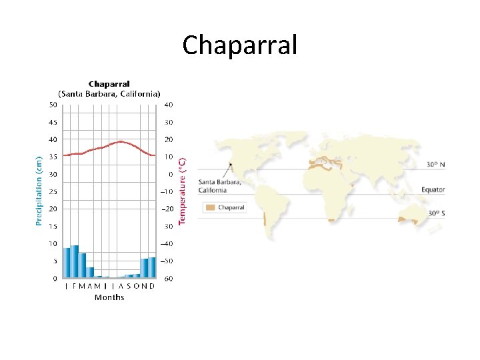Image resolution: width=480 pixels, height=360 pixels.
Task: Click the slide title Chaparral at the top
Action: pyautogui.click(x=239, y=45)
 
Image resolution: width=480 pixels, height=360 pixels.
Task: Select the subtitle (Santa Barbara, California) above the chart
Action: pyautogui.click(x=109, y=93)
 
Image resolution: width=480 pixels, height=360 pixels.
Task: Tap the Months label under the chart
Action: pyautogui.click(x=109, y=297)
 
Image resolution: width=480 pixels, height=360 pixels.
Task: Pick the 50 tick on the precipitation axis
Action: pyautogui.click(x=52, y=105)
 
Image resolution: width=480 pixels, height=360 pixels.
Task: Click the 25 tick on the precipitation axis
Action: pyautogui.click(x=52, y=191)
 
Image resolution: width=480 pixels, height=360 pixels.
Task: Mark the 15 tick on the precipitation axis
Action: pyautogui.click(x=52, y=226)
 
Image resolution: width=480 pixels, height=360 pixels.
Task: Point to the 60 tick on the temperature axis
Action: pyautogui.click(x=169, y=278)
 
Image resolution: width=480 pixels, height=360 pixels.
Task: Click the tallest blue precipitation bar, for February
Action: pyautogui.click(x=75, y=261)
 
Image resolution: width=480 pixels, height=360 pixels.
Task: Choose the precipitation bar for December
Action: pyautogui.click(x=152, y=267)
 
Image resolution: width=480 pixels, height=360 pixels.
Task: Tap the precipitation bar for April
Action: pyautogui.click(x=90, y=272)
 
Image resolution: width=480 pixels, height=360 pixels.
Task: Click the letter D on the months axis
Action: pyautogui.click(x=152, y=286)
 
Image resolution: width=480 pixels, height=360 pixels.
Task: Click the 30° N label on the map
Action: pyautogui.click(x=436, y=164)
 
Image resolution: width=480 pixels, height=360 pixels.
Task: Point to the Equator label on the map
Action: pyautogui.click(x=433, y=190)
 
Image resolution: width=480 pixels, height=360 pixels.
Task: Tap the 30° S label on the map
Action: pyautogui.click(x=436, y=214)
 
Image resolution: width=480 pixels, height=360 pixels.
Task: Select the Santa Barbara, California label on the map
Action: pyautogui.click(x=219, y=186)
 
